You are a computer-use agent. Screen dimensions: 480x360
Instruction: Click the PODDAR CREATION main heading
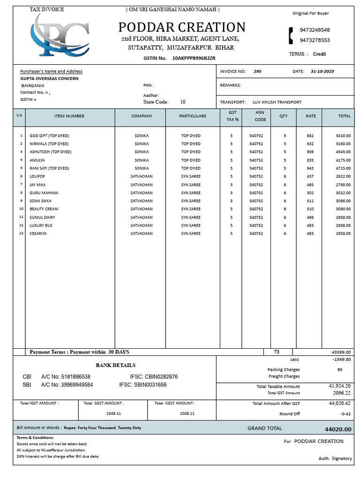[181, 27]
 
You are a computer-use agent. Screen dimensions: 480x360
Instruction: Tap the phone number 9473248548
[315, 30]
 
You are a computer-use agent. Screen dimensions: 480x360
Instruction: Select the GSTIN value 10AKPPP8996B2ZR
[194, 58]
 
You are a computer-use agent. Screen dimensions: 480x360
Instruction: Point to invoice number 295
[257, 72]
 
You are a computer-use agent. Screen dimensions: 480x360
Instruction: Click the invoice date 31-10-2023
[322, 72]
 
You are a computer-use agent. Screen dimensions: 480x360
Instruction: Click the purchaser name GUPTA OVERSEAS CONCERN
[49, 79]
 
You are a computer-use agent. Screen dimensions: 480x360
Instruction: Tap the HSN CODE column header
[260, 116]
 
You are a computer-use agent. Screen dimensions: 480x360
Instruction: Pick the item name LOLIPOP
[37, 176]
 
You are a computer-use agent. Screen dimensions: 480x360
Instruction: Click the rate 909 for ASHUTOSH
[310, 152]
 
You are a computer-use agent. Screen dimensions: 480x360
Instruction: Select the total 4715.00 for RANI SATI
[343, 168]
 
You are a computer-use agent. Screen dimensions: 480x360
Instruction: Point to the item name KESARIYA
[38, 233]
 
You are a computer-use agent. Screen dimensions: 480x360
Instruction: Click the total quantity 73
[277, 352]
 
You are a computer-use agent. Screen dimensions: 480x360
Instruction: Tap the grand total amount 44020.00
[337, 429]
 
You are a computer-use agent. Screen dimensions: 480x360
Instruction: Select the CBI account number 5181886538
[73, 377]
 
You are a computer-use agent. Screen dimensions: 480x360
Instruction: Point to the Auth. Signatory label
[335, 458]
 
